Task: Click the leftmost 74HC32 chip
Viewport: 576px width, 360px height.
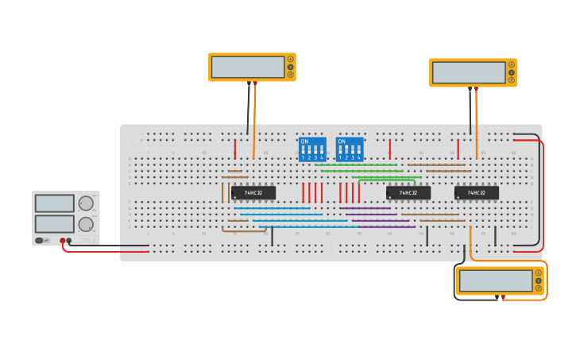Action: point(253,192)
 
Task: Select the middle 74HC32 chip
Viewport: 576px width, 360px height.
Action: point(408,192)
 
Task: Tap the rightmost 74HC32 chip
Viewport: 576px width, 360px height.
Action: point(477,192)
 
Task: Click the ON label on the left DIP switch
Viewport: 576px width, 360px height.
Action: point(304,141)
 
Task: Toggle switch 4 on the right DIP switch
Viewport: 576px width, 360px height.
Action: point(359,150)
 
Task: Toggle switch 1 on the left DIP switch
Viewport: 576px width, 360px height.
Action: point(303,150)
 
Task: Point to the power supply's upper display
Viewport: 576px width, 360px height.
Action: point(54,203)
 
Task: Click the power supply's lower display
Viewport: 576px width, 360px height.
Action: point(54,223)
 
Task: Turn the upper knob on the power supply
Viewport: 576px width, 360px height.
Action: point(86,203)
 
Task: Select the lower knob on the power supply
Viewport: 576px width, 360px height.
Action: point(86,224)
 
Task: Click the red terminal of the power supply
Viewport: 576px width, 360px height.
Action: point(63,240)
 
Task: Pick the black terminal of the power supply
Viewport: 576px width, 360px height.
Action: point(69,240)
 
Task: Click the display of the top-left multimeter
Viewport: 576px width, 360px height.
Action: point(248,67)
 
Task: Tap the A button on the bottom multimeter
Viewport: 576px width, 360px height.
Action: point(538,273)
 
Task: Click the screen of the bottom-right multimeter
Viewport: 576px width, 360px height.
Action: point(495,281)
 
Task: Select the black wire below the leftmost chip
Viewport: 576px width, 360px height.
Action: point(272,236)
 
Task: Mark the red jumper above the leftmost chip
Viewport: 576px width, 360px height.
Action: point(234,149)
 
